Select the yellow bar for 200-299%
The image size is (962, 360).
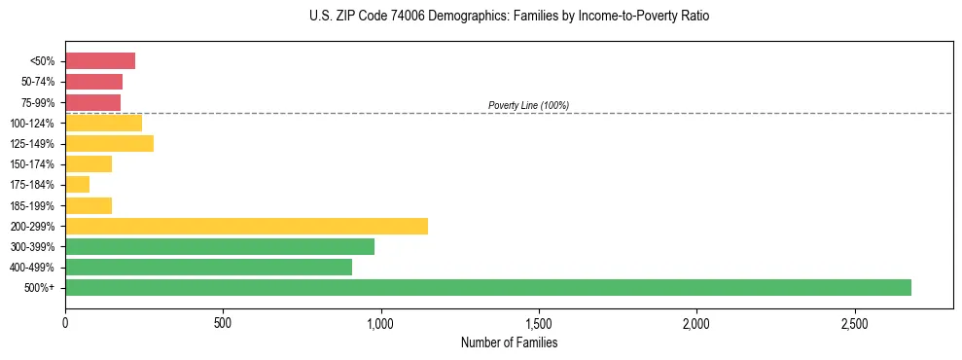coord(246,226)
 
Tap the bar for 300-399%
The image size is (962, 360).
coord(220,246)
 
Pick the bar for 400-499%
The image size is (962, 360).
coord(208,267)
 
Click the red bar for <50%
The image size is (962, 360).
coord(100,61)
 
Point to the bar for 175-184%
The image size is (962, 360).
coord(78,185)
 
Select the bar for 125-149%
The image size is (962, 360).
coord(109,144)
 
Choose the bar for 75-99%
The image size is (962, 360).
coord(92,102)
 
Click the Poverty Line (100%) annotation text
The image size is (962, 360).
coord(528,105)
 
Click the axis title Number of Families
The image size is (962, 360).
coord(509,342)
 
